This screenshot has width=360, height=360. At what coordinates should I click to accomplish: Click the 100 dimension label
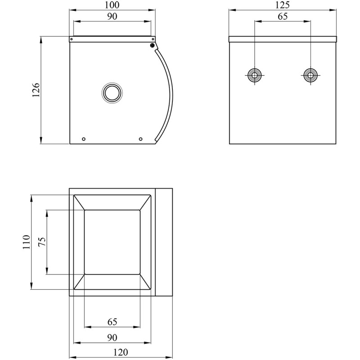point(112,4)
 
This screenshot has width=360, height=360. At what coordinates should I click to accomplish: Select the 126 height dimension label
point(36,90)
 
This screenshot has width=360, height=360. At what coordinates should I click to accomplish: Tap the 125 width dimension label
point(282,5)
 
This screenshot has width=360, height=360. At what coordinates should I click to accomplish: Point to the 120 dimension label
point(121,352)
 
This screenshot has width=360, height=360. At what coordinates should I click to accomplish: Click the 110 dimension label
point(27,242)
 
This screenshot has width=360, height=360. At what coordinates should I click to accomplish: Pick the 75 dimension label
point(42,242)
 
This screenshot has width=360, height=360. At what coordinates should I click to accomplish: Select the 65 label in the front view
point(283,16)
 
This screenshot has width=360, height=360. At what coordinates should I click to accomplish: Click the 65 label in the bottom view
point(112,322)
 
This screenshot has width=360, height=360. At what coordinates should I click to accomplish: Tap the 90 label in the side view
point(112,16)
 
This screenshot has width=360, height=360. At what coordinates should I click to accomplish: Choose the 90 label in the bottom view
point(112,337)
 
